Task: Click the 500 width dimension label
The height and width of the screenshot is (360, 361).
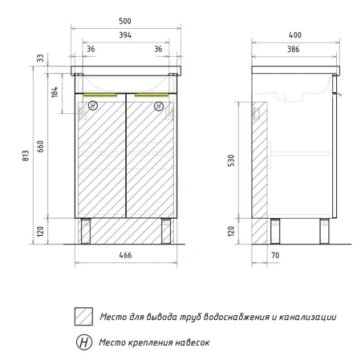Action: [x=125, y=21]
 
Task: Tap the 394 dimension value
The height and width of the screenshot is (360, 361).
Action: [x=125, y=35]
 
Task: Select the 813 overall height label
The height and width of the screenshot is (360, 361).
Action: [x=26, y=156]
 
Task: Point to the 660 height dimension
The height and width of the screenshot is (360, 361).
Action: [x=40, y=146]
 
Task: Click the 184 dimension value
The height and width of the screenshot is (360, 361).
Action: [x=55, y=91]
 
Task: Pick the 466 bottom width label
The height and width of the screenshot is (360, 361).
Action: [x=125, y=255]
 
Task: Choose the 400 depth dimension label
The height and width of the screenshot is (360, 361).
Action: [x=295, y=35]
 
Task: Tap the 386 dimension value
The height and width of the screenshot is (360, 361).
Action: [x=294, y=49]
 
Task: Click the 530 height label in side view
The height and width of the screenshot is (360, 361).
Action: [x=231, y=160]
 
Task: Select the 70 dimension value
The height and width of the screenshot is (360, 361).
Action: [x=275, y=256]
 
